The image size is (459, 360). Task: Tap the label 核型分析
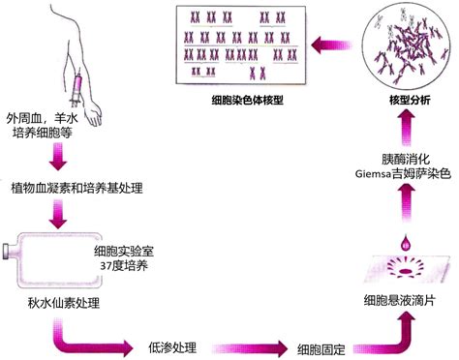pyautogui.click(x=399, y=100)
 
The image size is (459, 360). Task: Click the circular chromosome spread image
pyautogui.click(x=398, y=45)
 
